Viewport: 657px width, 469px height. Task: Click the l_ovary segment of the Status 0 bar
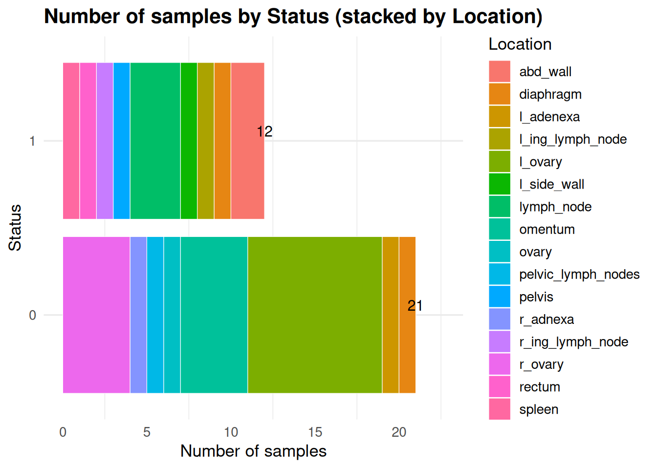tap(315, 315)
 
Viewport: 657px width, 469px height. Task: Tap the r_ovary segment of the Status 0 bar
tap(96, 315)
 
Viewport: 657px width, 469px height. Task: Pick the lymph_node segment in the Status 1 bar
tap(155, 141)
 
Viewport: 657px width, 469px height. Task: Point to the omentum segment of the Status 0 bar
tap(214, 315)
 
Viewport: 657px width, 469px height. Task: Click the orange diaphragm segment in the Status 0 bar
tap(407, 342)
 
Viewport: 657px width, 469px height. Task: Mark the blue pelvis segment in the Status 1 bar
tap(121, 141)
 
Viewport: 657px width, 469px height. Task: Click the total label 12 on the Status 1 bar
tap(264, 131)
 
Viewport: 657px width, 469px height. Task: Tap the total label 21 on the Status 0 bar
tap(415, 306)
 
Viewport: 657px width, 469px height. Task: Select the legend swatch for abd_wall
tap(499, 72)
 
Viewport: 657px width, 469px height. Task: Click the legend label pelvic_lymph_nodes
tap(579, 275)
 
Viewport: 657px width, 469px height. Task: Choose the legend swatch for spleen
tap(499, 409)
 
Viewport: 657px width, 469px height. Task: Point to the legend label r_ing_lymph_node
tap(573, 342)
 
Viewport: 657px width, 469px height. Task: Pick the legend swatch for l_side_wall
tap(499, 184)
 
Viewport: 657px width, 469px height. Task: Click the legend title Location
tap(520, 44)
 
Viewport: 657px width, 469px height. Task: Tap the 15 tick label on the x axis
tap(315, 432)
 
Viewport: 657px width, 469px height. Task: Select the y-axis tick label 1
tap(32, 141)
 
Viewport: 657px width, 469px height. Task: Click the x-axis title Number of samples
tap(253, 451)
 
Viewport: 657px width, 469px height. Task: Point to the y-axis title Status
tap(15, 228)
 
